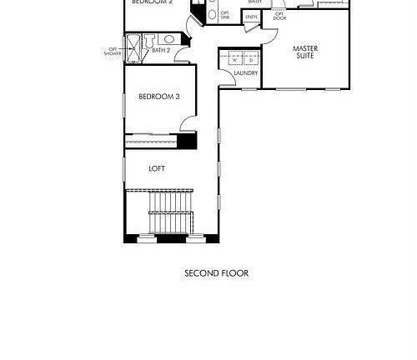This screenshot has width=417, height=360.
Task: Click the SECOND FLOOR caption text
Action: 216,273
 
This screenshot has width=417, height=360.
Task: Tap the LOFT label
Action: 157,168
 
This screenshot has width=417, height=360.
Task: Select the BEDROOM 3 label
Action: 158,97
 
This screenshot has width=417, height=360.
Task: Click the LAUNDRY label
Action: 245,73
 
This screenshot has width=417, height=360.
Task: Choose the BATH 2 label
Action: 162,51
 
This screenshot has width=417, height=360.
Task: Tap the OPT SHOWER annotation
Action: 113,52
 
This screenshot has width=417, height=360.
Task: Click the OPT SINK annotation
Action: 224,15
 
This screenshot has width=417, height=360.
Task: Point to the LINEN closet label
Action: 251,17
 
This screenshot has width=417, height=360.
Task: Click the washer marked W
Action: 234,60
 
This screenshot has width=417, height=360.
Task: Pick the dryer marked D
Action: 249,60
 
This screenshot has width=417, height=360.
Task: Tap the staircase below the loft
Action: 170,212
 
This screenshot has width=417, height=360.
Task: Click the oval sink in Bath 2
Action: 168,38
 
